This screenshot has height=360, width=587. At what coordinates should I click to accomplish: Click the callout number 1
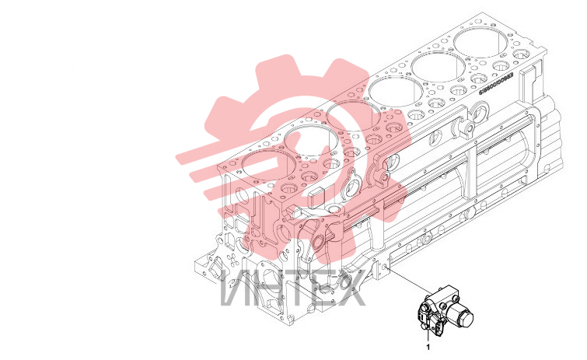click(x=428, y=347)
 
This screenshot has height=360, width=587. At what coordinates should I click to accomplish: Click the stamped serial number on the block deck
click(x=496, y=83)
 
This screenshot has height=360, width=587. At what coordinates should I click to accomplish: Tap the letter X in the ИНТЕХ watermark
click(x=350, y=288)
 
